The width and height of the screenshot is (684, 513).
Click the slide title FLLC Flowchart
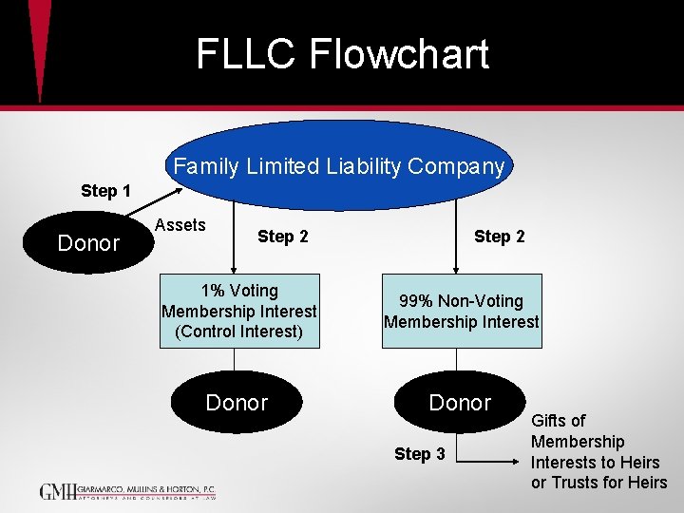pos(342,54)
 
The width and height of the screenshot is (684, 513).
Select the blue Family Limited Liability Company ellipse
pos(339,165)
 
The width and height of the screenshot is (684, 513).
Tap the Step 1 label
pos(105,191)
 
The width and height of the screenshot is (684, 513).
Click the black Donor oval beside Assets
pos(88,243)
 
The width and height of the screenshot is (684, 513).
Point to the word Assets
pos(180,225)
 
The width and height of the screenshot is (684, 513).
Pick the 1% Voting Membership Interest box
pos(238,312)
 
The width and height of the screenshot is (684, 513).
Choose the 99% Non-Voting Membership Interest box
pos(461,312)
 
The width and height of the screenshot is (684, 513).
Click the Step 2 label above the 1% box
pos(282,237)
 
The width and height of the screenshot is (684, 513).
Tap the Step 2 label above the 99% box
pos(499,237)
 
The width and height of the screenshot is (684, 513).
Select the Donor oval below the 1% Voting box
pos(237,403)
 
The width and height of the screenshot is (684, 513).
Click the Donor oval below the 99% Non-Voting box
pos(460,403)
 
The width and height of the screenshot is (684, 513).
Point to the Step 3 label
pos(420,454)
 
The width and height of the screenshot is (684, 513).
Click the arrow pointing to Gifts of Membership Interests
pos(488,456)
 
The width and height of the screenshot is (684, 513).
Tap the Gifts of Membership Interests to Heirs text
pos(598,451)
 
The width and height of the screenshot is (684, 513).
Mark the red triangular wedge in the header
pos(39,47)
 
